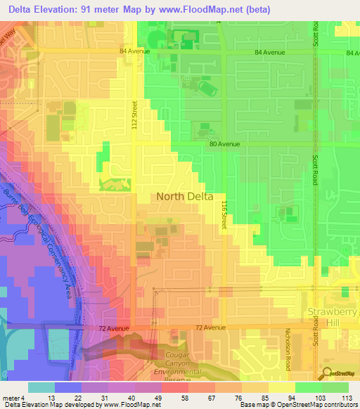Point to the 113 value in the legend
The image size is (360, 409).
pos(345,398)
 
